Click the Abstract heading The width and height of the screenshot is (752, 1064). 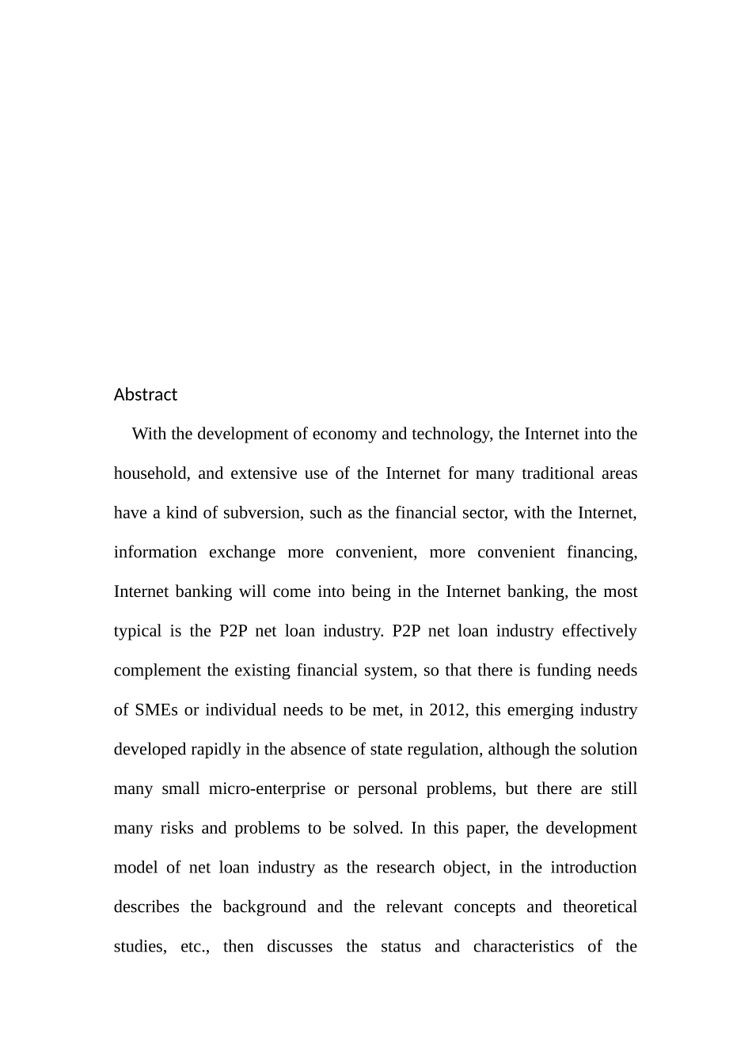tap(145, 394)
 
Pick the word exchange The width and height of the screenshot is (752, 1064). tap(242, 552)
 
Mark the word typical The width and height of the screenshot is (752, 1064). tap(137, 631)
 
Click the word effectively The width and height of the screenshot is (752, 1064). tap(599, 631)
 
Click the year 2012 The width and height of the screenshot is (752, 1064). tap(448, 710)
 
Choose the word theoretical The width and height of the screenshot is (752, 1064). tap(599, 906)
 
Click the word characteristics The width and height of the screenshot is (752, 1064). tap(523, 946)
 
